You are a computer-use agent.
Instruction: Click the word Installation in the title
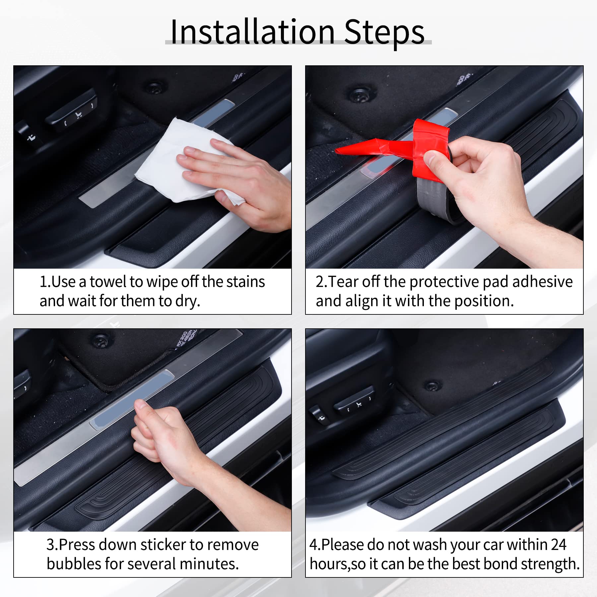pyautogui.click(x=252, y=32)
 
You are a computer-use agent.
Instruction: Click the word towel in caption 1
pyautogui.click(x=108, y=282)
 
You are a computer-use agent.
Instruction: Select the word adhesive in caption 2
pyautogui.click(x=542, y=282)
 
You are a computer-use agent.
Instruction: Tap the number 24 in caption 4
pyautogui.click(x=558, y=545)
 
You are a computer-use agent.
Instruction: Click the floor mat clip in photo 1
pyautogui.click(x=154, y=88)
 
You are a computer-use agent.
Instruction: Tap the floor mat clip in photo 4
pyautogui.click(x=432, y=386)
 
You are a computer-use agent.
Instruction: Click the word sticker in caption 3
pyautogui.click(x=163, y=545)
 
